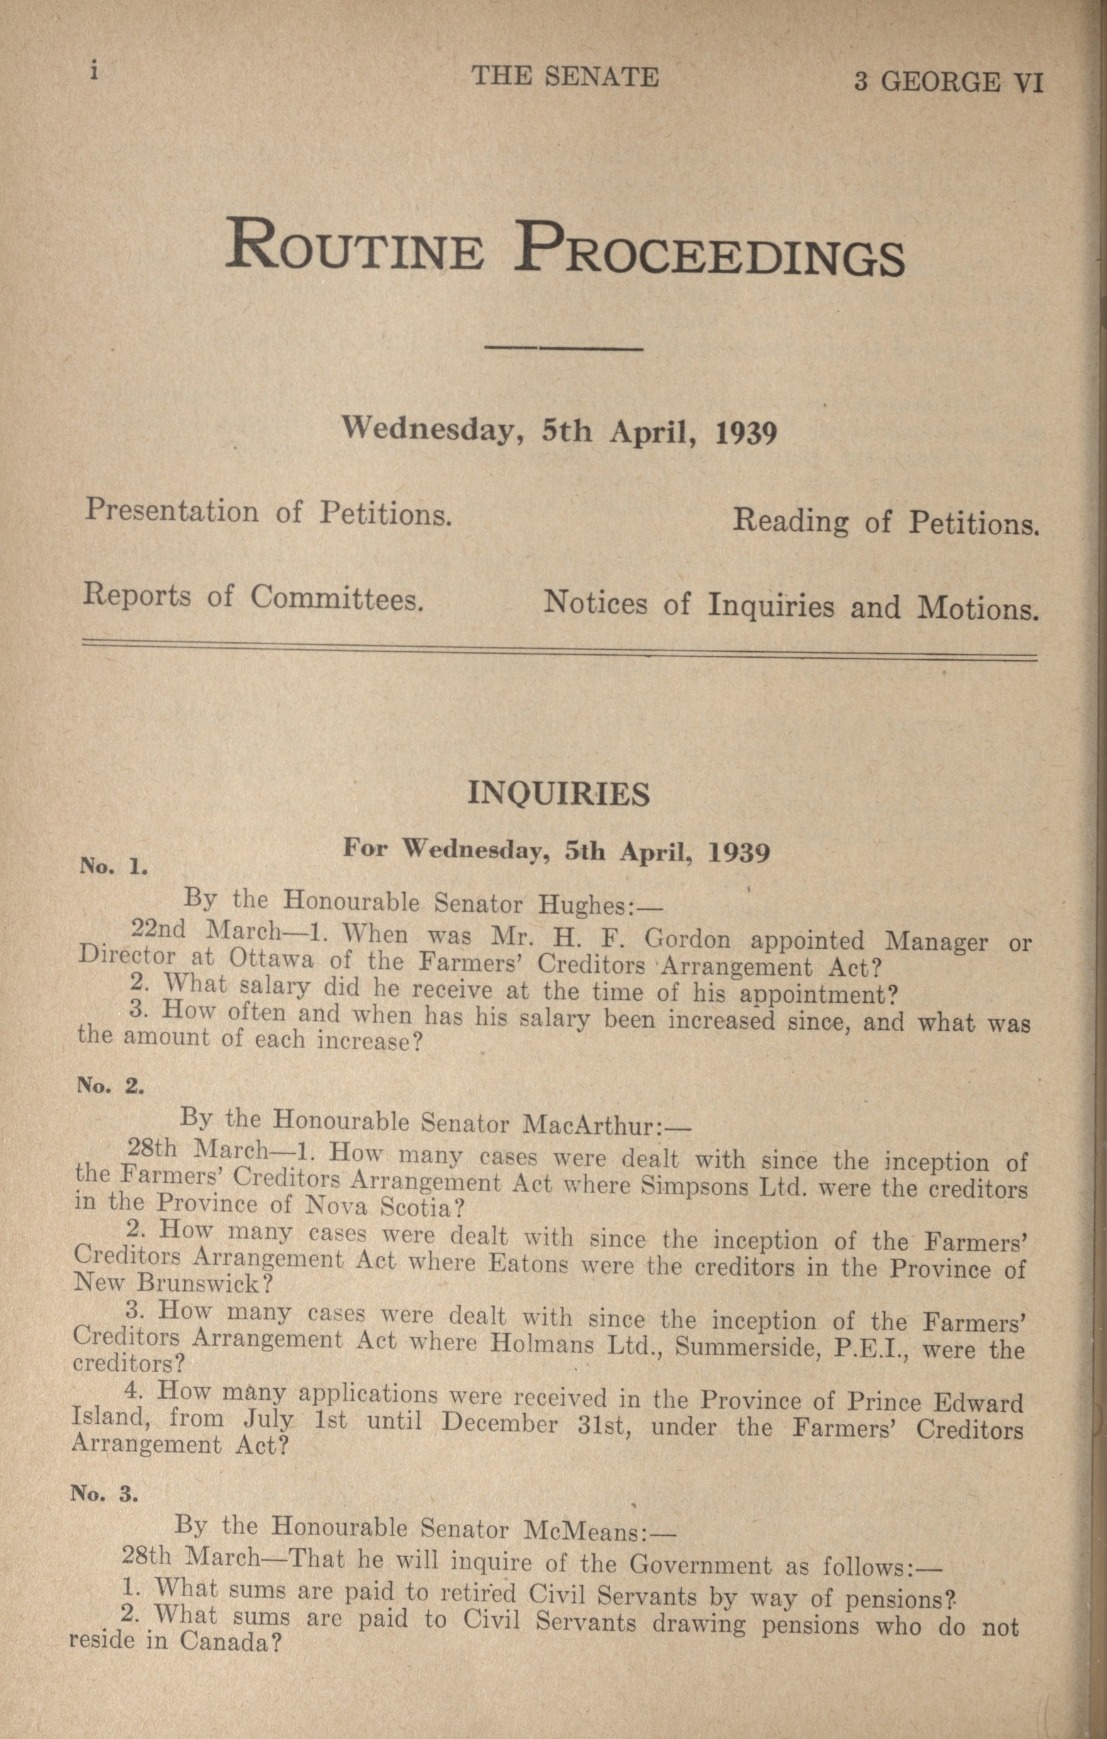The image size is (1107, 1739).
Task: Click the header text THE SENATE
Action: (x=565, y=77)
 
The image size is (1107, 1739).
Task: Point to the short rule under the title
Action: (x=565, y=350)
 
